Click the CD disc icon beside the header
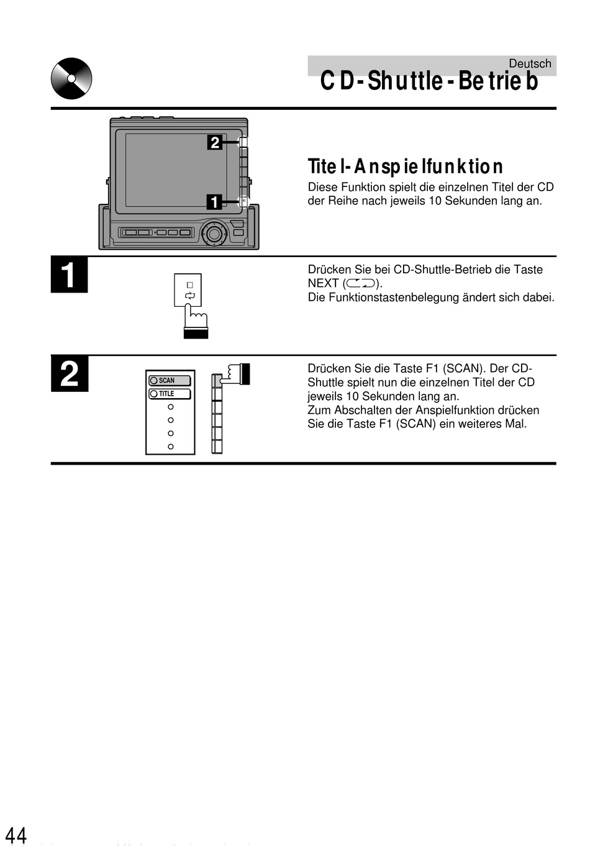point(71,78)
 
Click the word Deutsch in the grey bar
point(530,63)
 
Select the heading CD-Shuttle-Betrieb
point(429,81)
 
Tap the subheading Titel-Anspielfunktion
point(405,166)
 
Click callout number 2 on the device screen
point(215,142)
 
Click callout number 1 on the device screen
point(214,202)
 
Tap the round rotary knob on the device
point(214,234)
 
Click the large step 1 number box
point(70,275)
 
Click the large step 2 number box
point(70,374)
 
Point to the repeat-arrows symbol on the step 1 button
point(190,296)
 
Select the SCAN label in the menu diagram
point(166,381)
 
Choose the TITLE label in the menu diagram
point(166,394)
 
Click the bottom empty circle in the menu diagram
point(171,447)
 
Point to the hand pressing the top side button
point(237,373)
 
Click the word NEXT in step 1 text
point(323,283)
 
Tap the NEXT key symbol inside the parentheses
point(361,283)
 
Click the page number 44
point(16,834)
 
